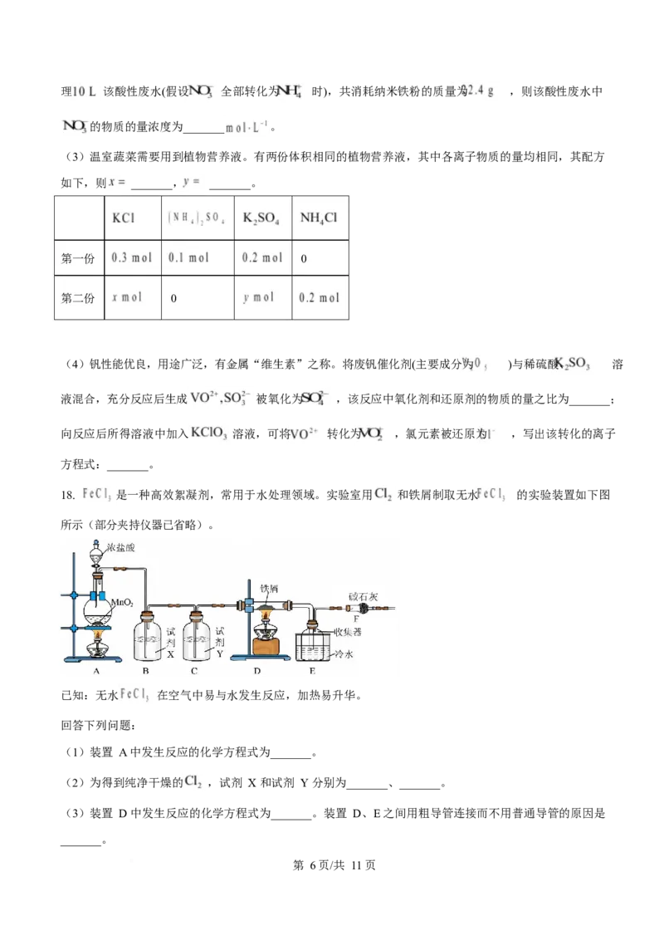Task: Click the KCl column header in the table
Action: point(124,218)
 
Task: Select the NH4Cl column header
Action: point(319,218)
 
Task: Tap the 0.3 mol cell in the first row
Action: point(131,258)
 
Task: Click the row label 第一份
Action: point(78,258)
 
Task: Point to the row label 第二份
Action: point(78,297)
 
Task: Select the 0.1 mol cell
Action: point(188,258)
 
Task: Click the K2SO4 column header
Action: point(261,218)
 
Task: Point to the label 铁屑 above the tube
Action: point(270,589)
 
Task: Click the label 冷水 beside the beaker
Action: point(344,654)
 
